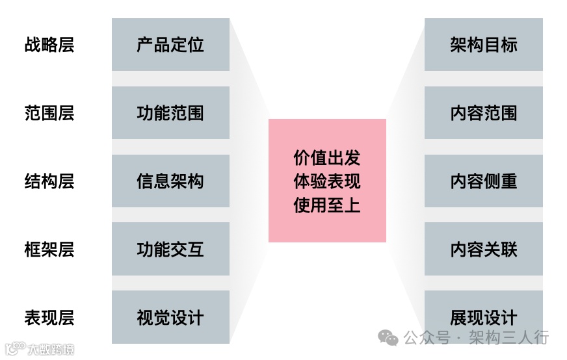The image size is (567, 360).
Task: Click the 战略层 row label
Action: click(x=49, y=45)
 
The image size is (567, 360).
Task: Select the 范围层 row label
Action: click(x=49, y=113)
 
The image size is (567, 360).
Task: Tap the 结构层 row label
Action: click(x=49, y=181)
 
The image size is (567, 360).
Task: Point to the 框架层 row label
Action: click(x=49, y=250)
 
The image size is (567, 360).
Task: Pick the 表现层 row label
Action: click(x=49, y=318)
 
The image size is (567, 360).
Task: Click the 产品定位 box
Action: click(x=170, y=45)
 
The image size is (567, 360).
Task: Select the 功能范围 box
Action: click(x=170, y=113)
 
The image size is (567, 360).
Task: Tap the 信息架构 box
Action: click(x=170, y=181)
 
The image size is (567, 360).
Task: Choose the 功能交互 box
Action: click(x=170, y=250)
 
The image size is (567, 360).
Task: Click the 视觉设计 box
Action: click(x=170, y=318)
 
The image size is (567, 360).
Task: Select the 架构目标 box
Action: click(x=483, y=45)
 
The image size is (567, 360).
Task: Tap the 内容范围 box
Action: click(x=483, y=113)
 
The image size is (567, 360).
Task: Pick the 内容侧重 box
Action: click(x=483, y=181)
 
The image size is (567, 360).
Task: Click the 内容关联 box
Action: click(x=483, y=250)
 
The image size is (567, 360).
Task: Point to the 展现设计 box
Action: click(x=483, y=318)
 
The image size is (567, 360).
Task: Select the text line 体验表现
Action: click(x=327, y=182)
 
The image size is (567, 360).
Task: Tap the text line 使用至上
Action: click(x=327, y=206)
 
